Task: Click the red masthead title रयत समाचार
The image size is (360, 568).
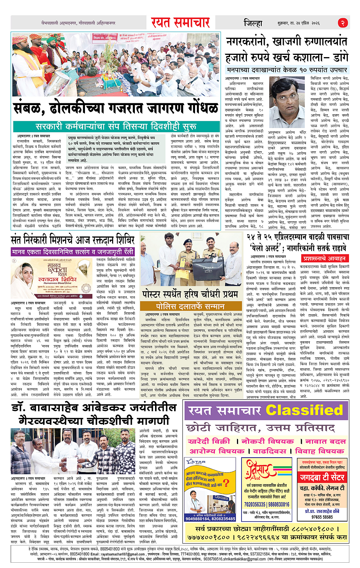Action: [180, 22]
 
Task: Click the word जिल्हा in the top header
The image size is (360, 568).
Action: [253, 23]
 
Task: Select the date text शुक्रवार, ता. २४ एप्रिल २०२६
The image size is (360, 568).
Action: [304, 23]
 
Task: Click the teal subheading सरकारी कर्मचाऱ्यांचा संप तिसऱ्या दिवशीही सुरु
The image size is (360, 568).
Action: [116, 126]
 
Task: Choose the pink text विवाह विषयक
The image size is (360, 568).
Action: [320, 451]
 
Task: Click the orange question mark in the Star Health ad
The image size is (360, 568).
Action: [226, 483]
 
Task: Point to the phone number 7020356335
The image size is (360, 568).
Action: [254, 504]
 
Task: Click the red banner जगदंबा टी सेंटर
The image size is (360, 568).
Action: [322, 477]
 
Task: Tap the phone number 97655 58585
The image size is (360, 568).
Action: [322, 517]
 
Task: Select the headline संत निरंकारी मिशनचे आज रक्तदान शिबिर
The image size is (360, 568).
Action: [73, 240]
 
